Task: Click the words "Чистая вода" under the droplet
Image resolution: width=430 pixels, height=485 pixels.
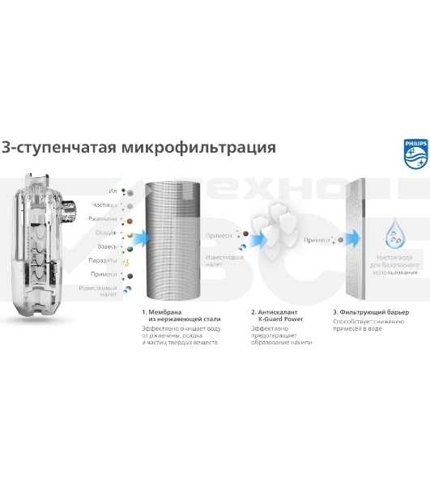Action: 398,256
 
